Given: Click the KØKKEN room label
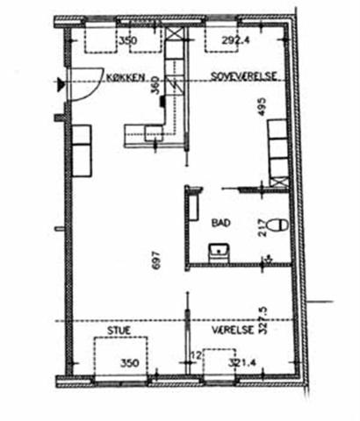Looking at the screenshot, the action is [x=126, y=77].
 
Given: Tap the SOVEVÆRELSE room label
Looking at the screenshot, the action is [x=244, y=76].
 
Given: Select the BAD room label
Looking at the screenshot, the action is [x=221, y=223].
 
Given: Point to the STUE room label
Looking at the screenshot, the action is [x=119, y=331].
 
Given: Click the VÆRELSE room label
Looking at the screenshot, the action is [x=233, y=330].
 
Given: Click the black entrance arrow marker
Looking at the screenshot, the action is [x=61, y=84].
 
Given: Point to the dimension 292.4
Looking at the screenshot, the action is [x=235, y=40].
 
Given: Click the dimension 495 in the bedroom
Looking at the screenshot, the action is [x=262, y=107].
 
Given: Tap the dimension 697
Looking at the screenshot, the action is [x=156, y=260].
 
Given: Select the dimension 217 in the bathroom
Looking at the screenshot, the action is [x=263, y=228].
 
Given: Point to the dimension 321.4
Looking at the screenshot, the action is [x=242, y=363].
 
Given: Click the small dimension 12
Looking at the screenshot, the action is [x=197, y=356].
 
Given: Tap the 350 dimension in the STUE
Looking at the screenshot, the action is [x=130, y=363].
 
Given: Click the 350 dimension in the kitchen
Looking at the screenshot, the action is [x=128, y=40].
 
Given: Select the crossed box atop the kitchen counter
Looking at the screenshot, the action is [x=175, y=34].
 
